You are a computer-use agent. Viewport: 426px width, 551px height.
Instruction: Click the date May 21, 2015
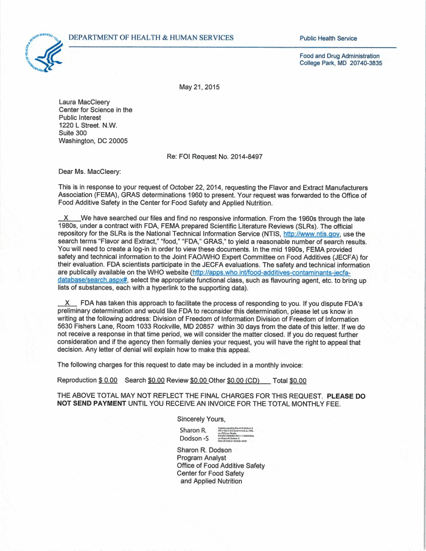[x=199, y=87]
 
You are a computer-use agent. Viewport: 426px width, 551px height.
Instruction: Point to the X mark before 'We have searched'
[x=66, y=218]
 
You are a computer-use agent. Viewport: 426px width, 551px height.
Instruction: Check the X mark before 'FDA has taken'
[x=68, y=302]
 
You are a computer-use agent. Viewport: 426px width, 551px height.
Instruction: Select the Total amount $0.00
[x=298, y=381]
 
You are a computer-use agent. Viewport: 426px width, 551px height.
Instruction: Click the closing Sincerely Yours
[x=201, y=419]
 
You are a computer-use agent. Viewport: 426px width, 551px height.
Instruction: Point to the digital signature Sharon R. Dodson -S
[x=194, y=434]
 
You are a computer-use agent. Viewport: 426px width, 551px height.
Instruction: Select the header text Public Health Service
[x=328, y=38]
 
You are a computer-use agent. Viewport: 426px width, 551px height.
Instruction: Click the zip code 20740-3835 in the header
[x=365, y=63]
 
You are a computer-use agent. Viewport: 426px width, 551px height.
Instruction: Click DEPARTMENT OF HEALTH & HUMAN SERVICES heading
[x=151, y=38]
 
